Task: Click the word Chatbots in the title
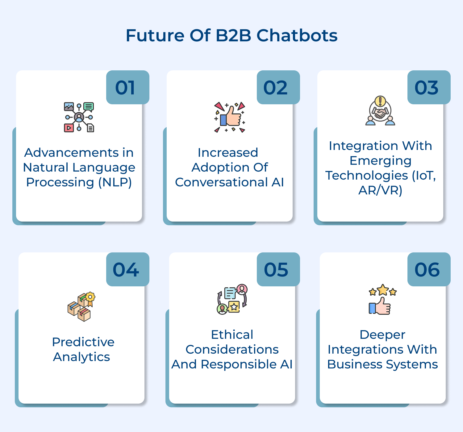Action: point(297,35)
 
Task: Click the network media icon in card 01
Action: point(79,117)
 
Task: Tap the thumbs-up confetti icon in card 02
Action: point(230,118)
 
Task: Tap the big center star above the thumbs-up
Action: point(383,290)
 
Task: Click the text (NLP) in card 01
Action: point(115,182)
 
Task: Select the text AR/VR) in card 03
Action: point(380,190)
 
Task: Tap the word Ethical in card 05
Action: point(232,335)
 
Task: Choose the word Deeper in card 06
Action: point(382,335)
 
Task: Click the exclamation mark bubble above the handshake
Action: point(380,101)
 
